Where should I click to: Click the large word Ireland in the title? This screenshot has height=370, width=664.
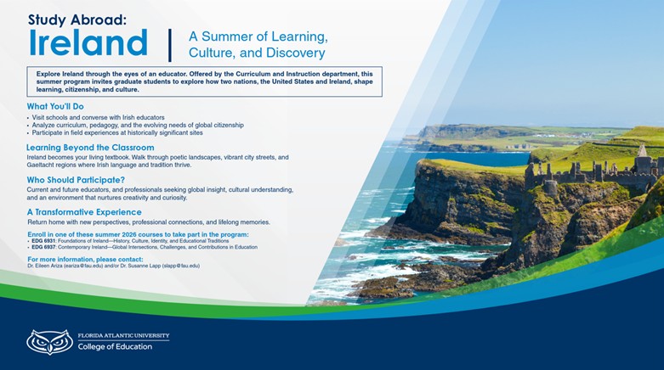88,42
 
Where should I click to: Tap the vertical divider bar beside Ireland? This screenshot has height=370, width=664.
170,44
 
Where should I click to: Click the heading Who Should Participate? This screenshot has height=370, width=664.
76,180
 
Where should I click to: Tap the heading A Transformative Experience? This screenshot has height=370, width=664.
84,211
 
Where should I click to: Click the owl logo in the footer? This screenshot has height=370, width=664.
49,341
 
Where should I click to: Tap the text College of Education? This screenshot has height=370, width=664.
115,346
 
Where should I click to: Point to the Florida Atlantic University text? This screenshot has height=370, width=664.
123,336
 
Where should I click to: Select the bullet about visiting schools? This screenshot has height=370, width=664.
98,117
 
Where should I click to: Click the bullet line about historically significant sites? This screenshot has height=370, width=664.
116,132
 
